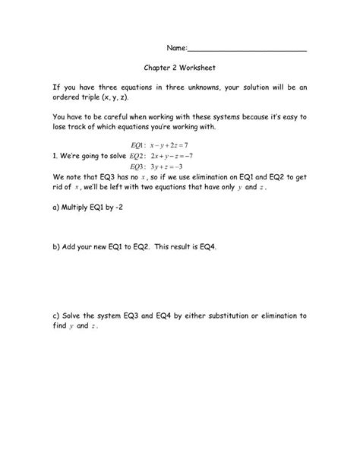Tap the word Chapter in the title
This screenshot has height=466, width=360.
tap(157, 67)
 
